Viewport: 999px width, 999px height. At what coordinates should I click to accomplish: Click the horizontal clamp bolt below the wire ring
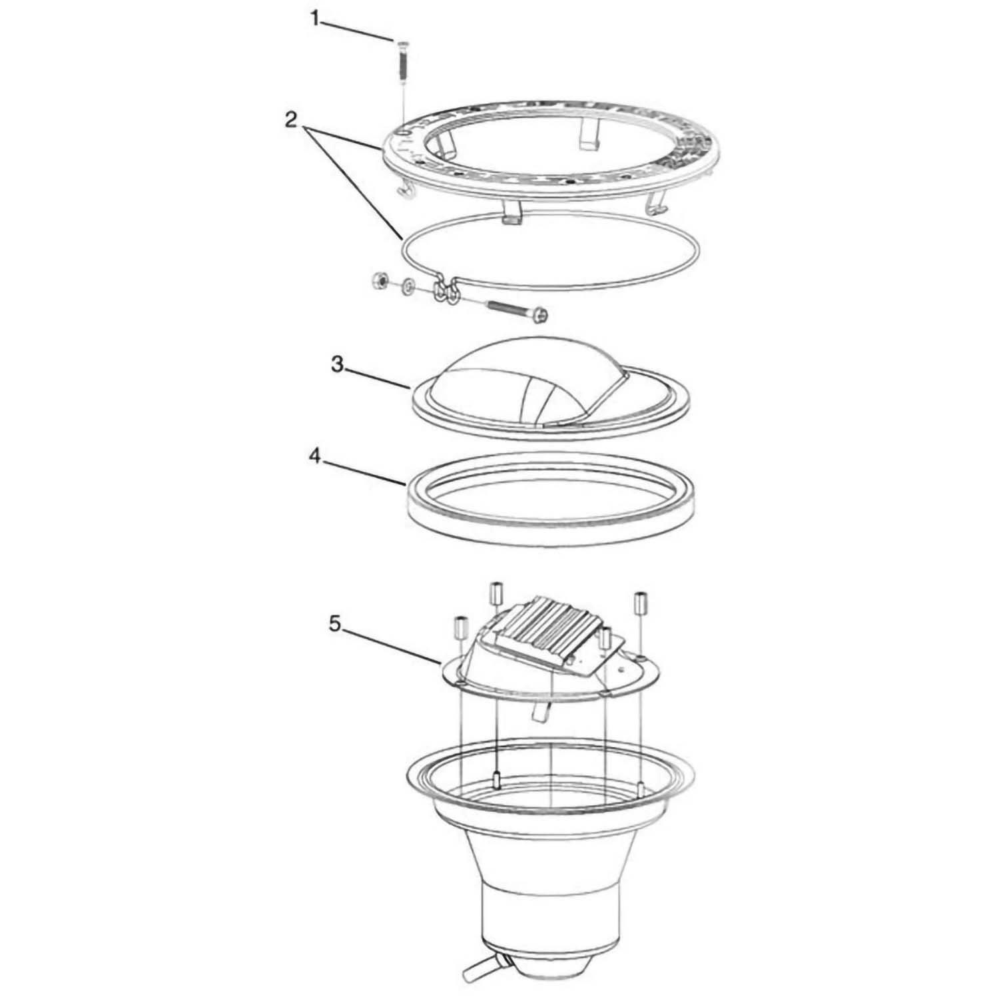pos(518,309)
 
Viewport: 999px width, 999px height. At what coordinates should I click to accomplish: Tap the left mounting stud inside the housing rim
pos(497,777)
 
